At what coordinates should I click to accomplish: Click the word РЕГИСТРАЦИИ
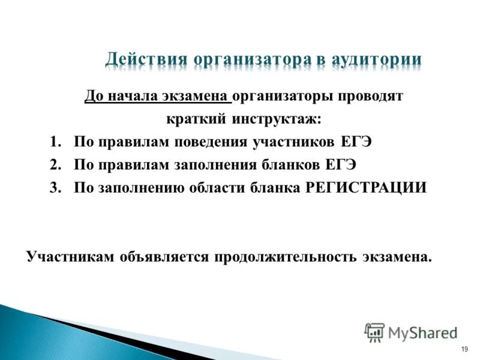[x=366, y=187]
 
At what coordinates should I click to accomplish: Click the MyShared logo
[x=411, y=332]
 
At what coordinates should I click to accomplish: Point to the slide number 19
[x=464, y=349]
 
